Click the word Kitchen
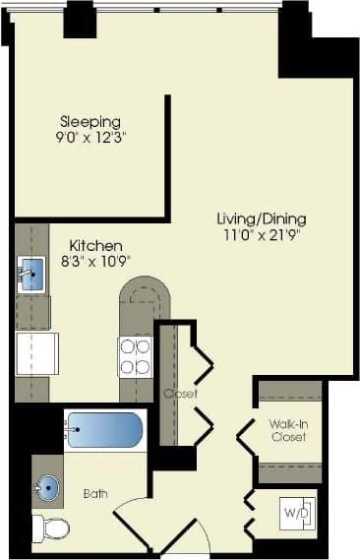(95, 245)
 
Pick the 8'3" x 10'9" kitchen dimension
(95, 261)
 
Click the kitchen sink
(32, 273)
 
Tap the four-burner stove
(135, 356)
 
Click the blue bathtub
(104, 431)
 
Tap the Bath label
(95, 494)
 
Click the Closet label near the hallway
(181, 394)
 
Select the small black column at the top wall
(80, 20)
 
